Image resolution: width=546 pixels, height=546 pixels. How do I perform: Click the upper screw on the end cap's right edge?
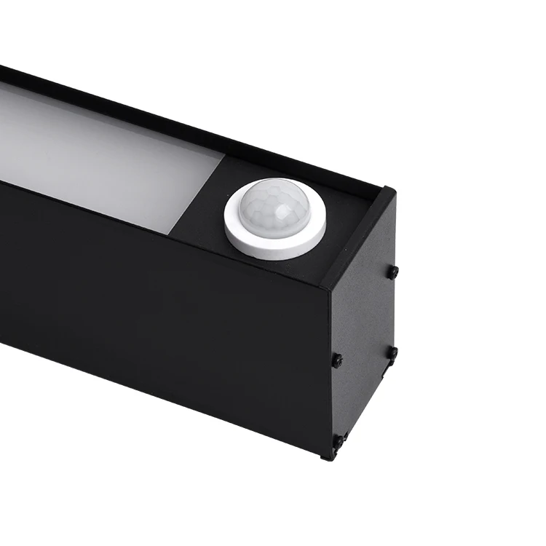pyautogui.click(x=393, y=272)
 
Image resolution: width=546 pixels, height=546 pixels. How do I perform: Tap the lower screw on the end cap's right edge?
pyautogui.click(x=392, y=353)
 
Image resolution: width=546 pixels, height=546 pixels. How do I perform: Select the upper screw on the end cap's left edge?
pyautogui.click(x=337, y=360)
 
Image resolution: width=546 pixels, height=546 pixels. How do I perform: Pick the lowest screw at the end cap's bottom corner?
pyautogui.click(x=338, y=441)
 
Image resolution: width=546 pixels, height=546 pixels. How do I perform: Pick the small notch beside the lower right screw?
pyautogui.click(x=386, y=368)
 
